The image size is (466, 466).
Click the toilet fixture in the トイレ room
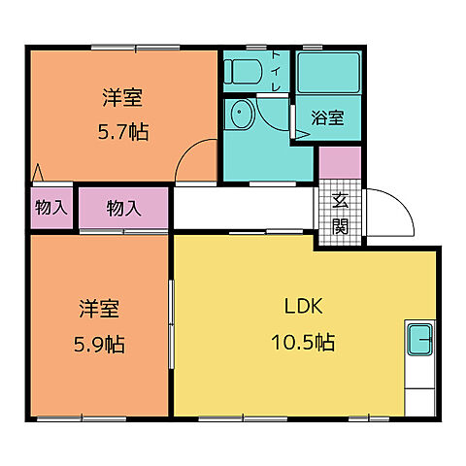pyautogui.click(x=243, y=71)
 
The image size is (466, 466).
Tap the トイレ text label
pyautogui.click(x=276, y=71)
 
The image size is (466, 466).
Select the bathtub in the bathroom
pyautogui.click(x=328, y=73)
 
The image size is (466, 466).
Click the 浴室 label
pyautogui.click(x=327, y=117)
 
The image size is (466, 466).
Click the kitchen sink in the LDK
pyautogui.click(x=419, y=340)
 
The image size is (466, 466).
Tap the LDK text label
pyautogui.click(x=303, y=306)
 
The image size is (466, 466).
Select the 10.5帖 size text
pyautogui.click(x=303, y=342)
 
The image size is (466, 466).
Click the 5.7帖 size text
pyautogui.click(x=123, y=132)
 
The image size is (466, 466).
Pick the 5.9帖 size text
pyautogui.click(x=99, y=345)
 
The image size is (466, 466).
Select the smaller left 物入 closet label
pyautogui.click(x=51, y=207)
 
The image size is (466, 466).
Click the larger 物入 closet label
pyautogui.click(x=124, y=208)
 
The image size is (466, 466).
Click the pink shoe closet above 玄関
pyautogui.click(x=340, y=162)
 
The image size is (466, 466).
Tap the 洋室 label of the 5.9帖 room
pyautogui.click(x=99, y=309)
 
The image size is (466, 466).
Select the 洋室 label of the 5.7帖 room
pyautogui.click(x=122, y=97)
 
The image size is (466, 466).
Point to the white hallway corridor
pyautogui.click(x=244, y=209)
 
